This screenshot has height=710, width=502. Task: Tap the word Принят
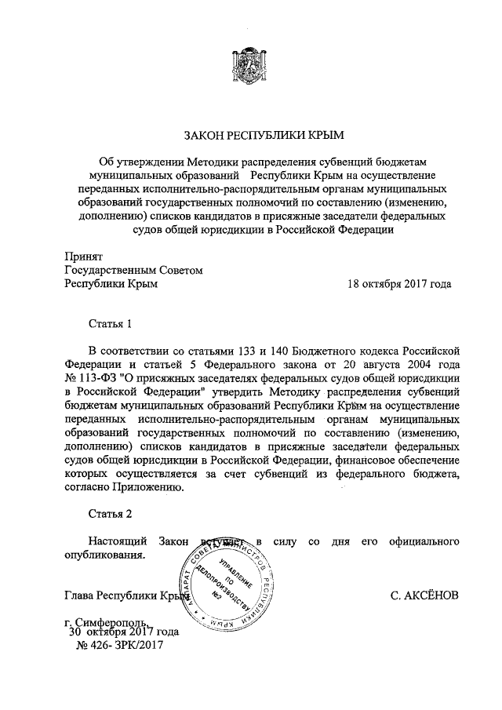coord(82,255)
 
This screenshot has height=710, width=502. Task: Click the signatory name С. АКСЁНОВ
coord(424,595)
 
